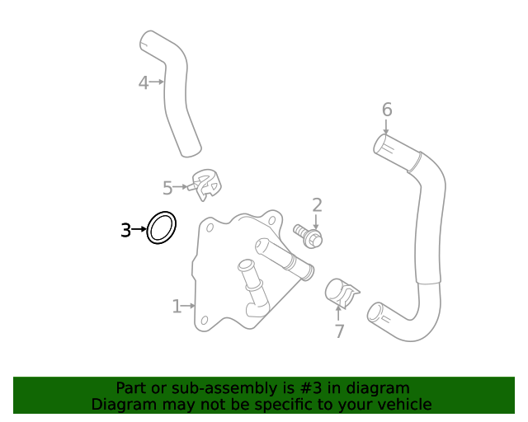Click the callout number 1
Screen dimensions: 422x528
[176, 307]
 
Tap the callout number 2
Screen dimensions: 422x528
[316, 205]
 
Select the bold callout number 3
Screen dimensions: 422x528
[125, 230]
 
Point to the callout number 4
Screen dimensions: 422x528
[143, 82]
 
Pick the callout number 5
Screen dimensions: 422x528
[167, 188]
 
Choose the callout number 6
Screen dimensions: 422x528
[386, 110]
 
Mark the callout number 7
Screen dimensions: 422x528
[339, 331]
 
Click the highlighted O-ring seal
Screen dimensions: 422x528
[162, 227]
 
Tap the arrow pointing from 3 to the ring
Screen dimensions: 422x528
[139, 230]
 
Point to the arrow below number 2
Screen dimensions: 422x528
[316, 221]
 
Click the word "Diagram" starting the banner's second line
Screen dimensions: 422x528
[121, 404]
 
